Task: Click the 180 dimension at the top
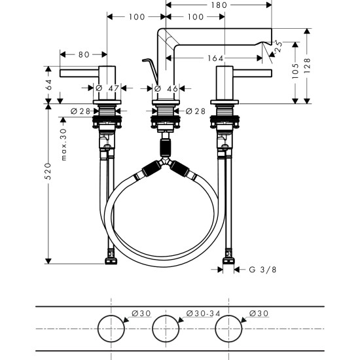tap(219, 5)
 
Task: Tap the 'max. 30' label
tap(63, 145)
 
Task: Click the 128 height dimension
tap(308, 65)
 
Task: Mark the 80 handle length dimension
tap(83, 55)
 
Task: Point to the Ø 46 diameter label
tap(167, 88)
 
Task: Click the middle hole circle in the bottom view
tap(166, 327)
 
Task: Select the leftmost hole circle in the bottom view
tap(111, 327)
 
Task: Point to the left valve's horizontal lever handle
tap(79, 72)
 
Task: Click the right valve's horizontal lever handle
tap(252, 72)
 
